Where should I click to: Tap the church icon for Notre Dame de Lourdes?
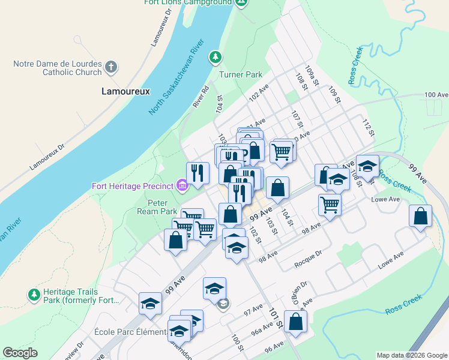[111, 67]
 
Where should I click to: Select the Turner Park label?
[241, 75]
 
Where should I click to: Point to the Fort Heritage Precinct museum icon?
[182, 185]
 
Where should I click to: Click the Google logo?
[20, 353]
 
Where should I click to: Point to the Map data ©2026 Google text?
[411, 355]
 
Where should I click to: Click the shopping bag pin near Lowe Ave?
[421, 216]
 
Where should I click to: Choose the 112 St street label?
[369, 127]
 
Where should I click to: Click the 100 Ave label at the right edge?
[436, 95]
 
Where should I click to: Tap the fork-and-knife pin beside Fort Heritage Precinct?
[197, 173]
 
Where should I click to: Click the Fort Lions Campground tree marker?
[241, 2]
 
